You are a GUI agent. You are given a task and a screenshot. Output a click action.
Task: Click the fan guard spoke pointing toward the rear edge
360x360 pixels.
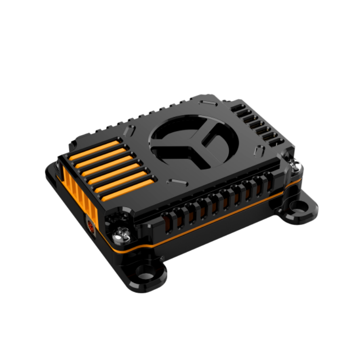(207, 130)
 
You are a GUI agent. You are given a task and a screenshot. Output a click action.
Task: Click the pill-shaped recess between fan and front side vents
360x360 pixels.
(176, 182)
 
